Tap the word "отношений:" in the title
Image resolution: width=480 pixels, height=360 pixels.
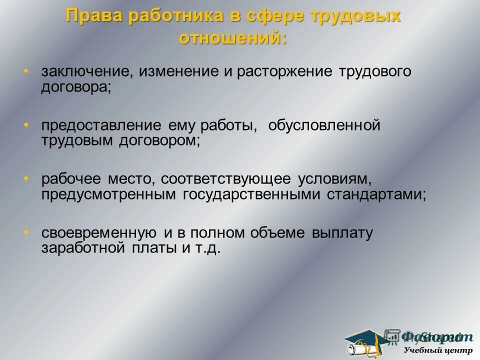pos(233,38)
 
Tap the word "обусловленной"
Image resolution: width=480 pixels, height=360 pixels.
pos(324,125)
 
